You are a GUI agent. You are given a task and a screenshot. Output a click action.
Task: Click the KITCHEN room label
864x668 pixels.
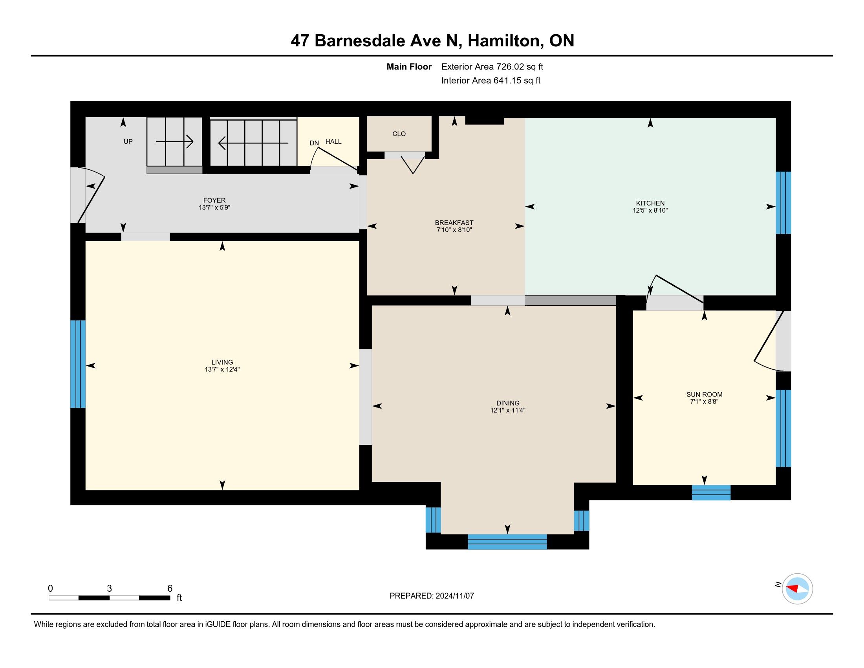click(x=650, y=204)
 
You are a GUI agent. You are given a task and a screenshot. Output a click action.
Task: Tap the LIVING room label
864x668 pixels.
click(x=222, y=362)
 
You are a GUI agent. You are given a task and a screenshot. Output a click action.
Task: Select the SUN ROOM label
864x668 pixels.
click(x=704, y=394)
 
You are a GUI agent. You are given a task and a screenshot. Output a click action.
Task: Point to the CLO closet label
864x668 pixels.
click(x=399, y=134)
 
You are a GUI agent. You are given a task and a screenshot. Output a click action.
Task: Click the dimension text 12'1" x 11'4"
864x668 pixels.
click(x=507, y=410)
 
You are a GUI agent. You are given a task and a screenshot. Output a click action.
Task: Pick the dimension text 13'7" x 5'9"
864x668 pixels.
click(x=214, y=207)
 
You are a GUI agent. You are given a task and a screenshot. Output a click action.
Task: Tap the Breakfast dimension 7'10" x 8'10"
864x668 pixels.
click(x=454, y=229)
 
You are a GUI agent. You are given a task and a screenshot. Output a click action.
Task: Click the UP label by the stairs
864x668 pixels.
click(x=128, y=141)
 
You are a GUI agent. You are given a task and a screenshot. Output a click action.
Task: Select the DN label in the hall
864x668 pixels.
click(x=314, y=143)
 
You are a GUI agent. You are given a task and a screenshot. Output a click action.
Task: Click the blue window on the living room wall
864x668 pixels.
click(x=78, y=364)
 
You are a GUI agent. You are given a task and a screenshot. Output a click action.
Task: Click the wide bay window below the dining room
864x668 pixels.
click(x=507, y=541)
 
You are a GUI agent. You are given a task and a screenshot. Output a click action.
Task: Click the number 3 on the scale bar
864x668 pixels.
click(x=109, y=589)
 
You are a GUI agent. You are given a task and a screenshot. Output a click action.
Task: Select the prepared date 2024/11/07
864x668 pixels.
click(x=454, y=596)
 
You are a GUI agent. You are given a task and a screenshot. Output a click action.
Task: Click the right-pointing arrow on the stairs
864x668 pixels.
click(x=174, y=141)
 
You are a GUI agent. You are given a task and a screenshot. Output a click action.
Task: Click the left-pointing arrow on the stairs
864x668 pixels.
click(x=253, y=143)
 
